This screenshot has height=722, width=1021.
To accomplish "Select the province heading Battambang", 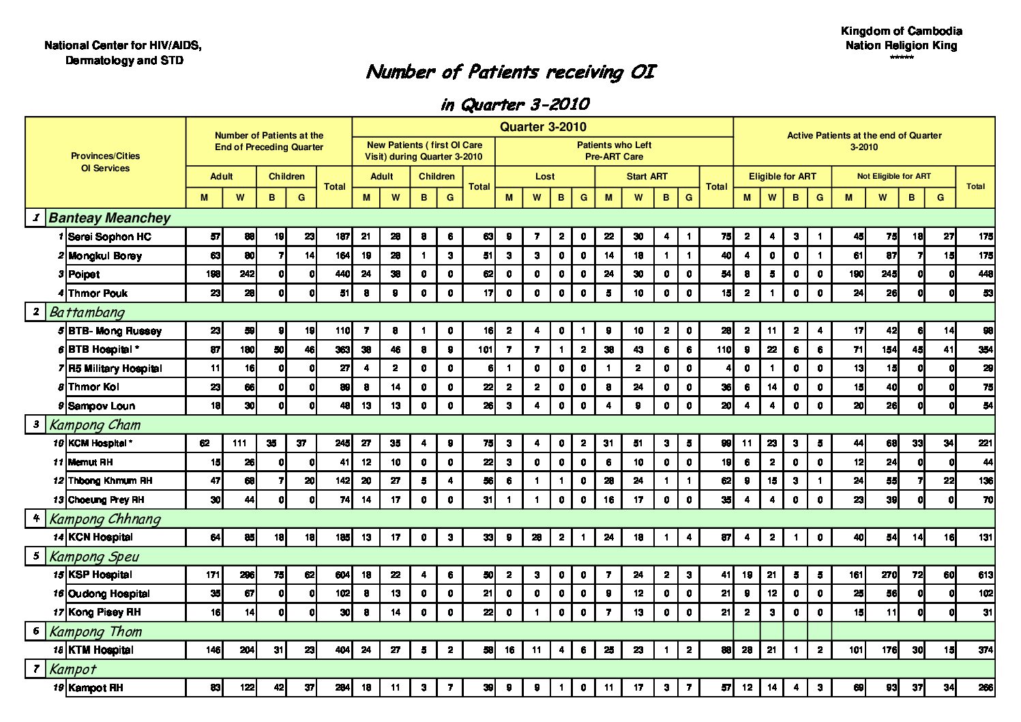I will (x=87, y=313).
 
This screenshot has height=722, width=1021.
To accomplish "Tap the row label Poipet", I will (x=84, y=274).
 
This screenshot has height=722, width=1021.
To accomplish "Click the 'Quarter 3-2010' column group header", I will (x=543, y=127).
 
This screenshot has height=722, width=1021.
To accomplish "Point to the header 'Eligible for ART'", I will (x=782, y=176).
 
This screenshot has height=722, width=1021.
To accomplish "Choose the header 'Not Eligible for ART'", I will (x=893, y=176).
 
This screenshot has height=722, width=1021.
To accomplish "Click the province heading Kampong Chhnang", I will (x=105, y=519).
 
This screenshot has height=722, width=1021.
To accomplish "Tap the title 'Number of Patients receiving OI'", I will (x=511, y=72).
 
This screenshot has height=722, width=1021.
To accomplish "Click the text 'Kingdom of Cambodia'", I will (x=901, y=31).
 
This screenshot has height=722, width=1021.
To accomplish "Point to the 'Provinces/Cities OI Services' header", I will (x=105, y=162).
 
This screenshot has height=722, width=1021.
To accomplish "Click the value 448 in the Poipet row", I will (x=985, y=274).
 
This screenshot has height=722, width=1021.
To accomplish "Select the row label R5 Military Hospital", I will (x=115, y=369).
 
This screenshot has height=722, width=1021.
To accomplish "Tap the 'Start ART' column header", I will (x=647, y=176).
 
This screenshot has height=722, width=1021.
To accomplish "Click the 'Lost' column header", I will (x=545, y=176).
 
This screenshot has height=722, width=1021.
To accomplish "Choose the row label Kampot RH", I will (x=95, y=688).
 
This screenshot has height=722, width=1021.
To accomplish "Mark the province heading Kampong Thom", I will (x=95, y=631).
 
